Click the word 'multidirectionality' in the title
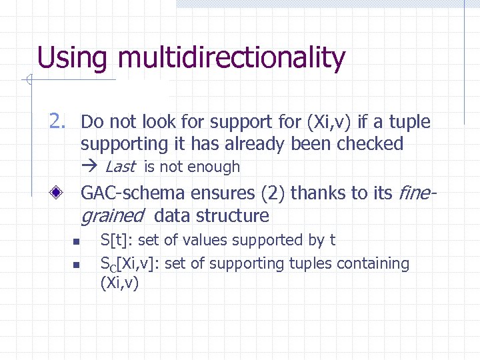[231, 58]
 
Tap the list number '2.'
[57, 121]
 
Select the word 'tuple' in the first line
[410, 122]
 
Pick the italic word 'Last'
[120, 167]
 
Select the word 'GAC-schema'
[133, 193]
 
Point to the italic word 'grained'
[112, 216]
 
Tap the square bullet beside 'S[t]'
[77, 241]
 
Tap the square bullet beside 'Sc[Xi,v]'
[77, 265]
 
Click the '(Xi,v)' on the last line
[119, 284]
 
